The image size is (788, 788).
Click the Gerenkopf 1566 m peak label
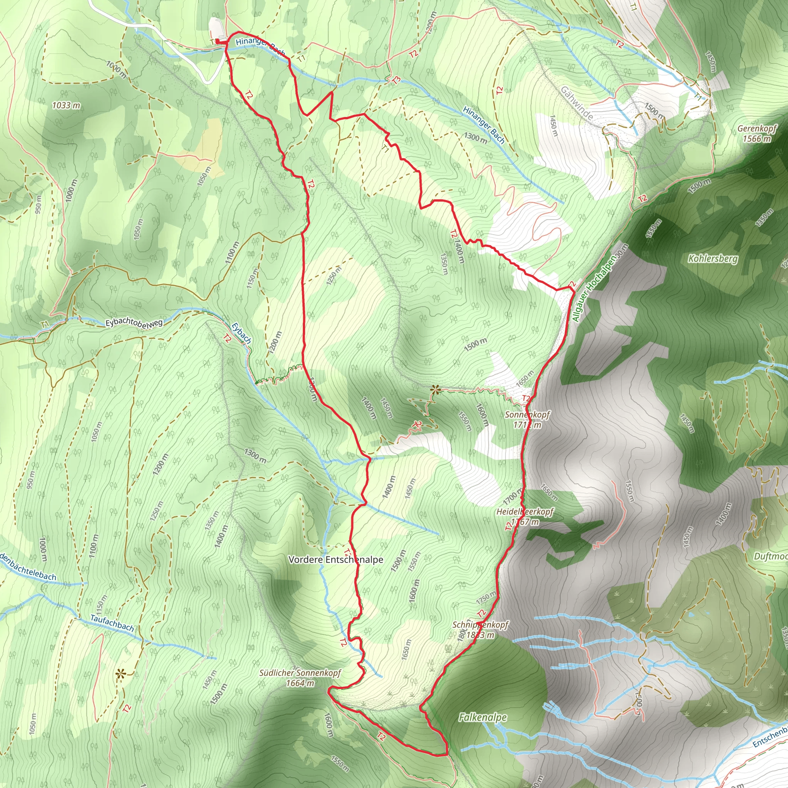(x=756, y=134)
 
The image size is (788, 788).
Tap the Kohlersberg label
(x=713, y=259)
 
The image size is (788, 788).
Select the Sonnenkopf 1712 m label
(x=527, y=420)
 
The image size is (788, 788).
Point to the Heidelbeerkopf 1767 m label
(x=525, y=516)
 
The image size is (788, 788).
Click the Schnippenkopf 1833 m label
(x=481, y=630)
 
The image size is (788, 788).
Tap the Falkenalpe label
(x=482, y=718)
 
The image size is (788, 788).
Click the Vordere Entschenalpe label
(x=336, y=559)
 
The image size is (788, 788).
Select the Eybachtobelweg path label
(x=134, y=322)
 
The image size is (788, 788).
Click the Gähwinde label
(x=577, y=103)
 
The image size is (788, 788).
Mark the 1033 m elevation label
(x=66, y=105)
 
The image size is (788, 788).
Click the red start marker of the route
(x=217, y=41)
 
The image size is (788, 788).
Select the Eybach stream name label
(x=241, y=333)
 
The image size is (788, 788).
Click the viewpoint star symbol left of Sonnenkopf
(x=436, y=390)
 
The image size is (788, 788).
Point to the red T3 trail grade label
(x=396, y=80)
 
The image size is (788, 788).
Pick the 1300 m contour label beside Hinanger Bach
(x=475, y=137)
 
